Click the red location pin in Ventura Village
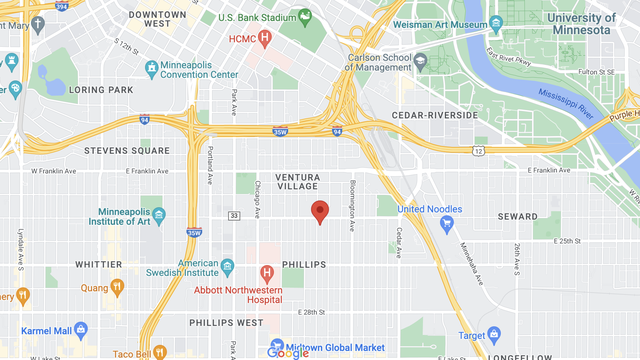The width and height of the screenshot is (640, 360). [320, 212]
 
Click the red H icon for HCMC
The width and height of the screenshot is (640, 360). [265, 39]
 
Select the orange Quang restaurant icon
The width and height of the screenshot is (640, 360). [117, 288]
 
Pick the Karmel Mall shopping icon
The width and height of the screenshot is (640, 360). [81, 329]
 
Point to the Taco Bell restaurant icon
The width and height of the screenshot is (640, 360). [158, 352]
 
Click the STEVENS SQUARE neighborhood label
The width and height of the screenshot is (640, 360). [128, 151]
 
